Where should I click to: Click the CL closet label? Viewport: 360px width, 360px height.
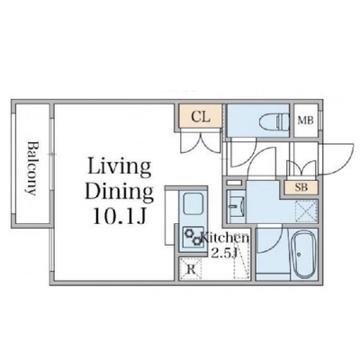(201, 117)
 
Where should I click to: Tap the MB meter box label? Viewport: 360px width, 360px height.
(305, 121)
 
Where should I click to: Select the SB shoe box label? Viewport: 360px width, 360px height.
(301, 187)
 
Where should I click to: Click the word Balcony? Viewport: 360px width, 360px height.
(32, 168)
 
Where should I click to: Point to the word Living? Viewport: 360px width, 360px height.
(119, 168)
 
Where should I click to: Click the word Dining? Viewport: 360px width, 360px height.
(120, 191)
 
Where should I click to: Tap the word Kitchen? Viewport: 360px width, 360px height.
(225, 238)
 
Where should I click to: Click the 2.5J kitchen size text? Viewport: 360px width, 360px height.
(224, 254)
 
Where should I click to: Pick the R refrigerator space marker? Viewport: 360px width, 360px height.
(192, 269)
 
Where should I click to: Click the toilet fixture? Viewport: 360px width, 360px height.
(274, 121)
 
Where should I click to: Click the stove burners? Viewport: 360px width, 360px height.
(193, 237)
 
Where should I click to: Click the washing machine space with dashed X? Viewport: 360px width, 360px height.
(306, 210)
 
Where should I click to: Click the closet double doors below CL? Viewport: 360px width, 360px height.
(201, 142)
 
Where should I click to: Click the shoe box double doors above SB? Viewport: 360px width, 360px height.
(301, 168)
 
